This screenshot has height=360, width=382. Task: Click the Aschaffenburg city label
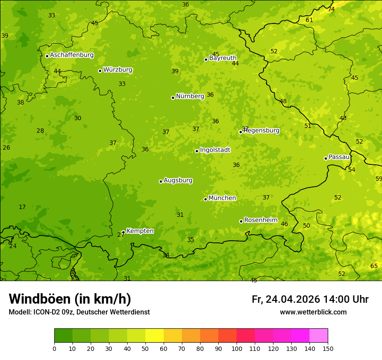(x=72, y=55)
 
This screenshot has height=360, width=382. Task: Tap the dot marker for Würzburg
(x=100, y=71)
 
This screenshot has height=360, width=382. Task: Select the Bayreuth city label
(x=223, y=58)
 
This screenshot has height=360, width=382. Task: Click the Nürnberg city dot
(x=173, y=98)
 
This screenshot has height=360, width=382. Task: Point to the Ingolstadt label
(x=215, y=150)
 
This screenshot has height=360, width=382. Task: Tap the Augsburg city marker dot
(x=161, y=181)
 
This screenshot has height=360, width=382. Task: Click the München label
(x=222, y=198)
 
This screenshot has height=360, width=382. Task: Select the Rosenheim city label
(x=260, y=220)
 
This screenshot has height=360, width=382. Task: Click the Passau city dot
(x=326, y=158)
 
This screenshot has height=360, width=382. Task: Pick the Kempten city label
(x=140, y=231)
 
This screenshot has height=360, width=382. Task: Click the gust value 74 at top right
(x=331, y=9)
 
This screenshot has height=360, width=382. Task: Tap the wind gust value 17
(x=22, y=207)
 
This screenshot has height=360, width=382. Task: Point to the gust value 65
(x=374, y=266)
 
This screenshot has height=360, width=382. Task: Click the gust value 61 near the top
(x=309, y=20)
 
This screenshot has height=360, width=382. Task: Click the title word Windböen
(x=40, y=299)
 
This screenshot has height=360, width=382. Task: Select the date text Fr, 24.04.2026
(x=286, y=299)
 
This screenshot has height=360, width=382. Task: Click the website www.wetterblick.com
(x=313, y=312)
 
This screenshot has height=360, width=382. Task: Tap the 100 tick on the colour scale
(x=237, y=348)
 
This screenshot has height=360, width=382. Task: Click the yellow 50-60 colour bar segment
(x=155, y=335)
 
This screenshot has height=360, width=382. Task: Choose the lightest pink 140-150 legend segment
(x=319, y=335)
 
